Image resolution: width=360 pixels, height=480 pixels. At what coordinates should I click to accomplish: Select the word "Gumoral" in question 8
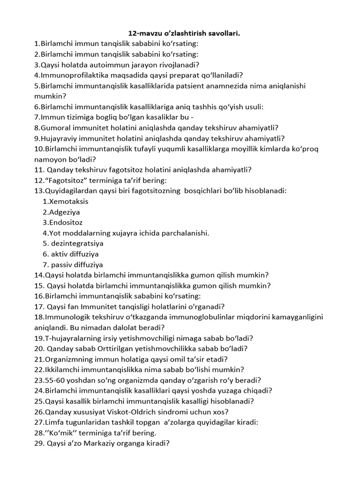click(x=56, y=127)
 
